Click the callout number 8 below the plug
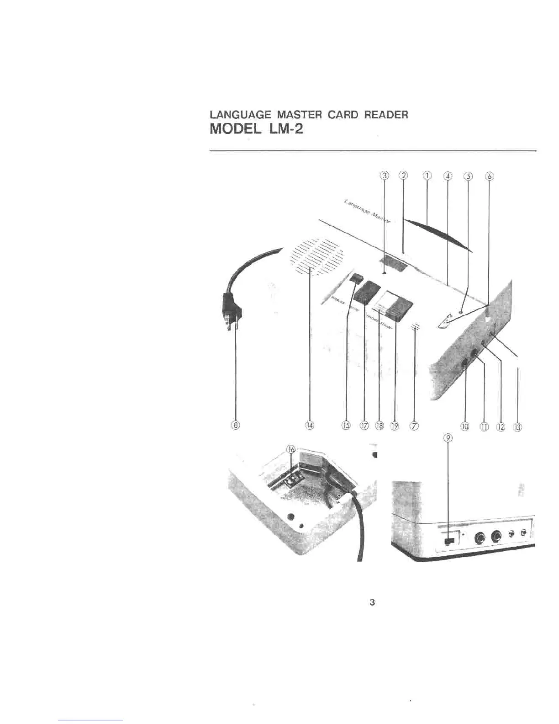click(235, 426)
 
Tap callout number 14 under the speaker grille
click(310, 426)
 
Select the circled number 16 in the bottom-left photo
click(291, 449)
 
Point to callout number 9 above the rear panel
click(448, 437)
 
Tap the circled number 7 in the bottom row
click(414, 426)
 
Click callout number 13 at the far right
click(517, 427)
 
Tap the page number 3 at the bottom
click(372, 602)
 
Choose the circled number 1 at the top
click(427, 176)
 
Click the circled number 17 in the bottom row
click(364, 426)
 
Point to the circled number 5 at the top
click(468, 176)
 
